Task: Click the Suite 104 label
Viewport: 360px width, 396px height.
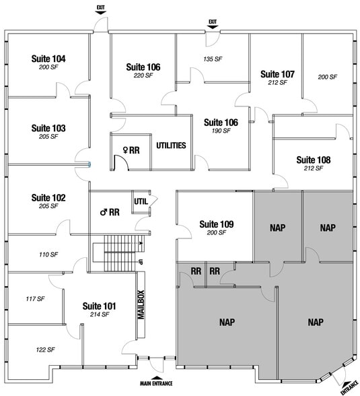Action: click(48, 59)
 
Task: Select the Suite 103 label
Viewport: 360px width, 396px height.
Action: click(48, 128)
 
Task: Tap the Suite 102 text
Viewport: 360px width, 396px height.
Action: click(48, 198)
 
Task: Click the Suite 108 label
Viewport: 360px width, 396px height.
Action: click(314, 160)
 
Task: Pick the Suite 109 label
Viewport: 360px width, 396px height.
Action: click(217, 224)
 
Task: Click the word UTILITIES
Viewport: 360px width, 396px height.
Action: click(171, 145)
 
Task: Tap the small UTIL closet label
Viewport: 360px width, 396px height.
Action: click(141, 201)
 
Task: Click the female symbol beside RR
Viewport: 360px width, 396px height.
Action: click(124, 150)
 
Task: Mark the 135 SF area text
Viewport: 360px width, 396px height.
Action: click(213, 59)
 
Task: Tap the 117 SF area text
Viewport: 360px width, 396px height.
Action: click(35, 298)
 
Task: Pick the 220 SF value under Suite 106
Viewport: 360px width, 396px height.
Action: click(143, 75)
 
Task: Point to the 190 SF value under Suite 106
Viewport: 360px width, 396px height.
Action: click(221, 131)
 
